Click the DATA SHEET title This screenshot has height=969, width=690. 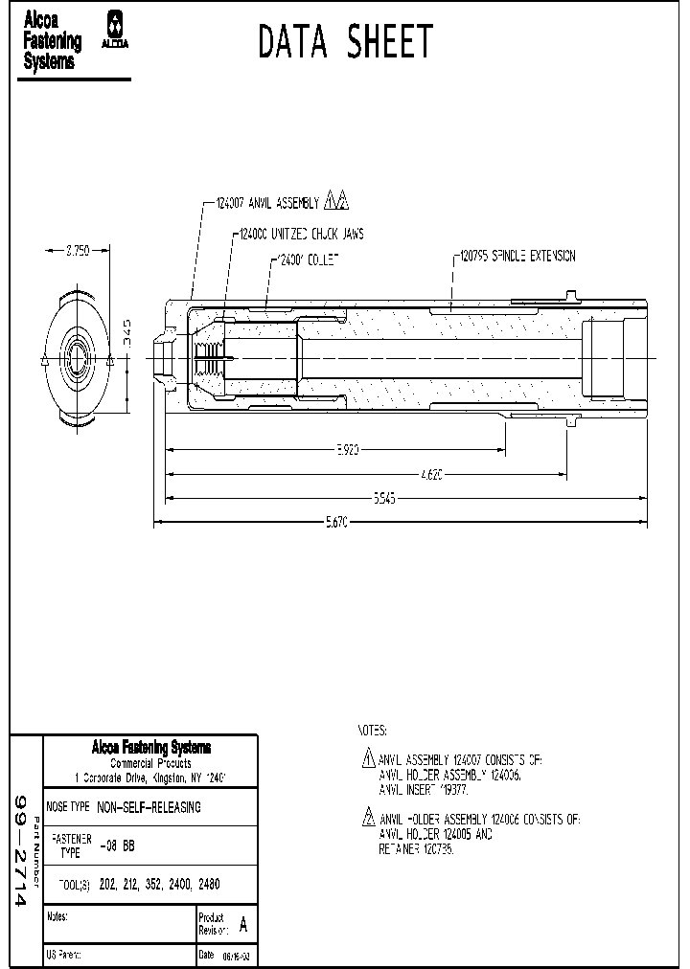[346, 43]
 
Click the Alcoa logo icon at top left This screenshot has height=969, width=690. [116, 30]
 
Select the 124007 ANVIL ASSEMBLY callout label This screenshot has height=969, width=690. [268, 203]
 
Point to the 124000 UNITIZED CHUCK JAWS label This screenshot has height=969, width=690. [300, 233]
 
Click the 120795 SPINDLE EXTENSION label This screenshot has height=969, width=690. [517, 256]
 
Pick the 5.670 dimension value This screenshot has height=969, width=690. [334, 522]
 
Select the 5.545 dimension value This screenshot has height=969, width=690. [383, 498]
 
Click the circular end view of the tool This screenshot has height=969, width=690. [78, 359]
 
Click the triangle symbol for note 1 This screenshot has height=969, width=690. [368, 759]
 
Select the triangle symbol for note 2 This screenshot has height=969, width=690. [368, 819]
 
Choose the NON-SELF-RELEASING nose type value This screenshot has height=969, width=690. [149, 807]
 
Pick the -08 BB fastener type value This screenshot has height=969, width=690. [117, 845]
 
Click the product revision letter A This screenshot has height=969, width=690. [242, 925]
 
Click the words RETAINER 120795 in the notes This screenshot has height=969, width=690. [416, 849]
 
